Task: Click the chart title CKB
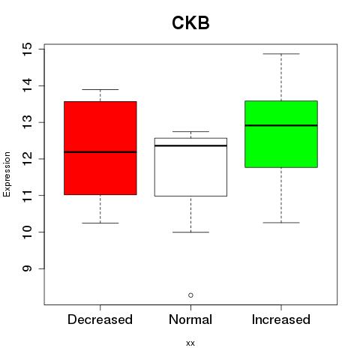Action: [190, 23]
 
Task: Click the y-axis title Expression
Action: [7, 174]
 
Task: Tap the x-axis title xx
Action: [190, 343]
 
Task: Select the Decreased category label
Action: [100, 319]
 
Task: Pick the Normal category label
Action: [190, 319]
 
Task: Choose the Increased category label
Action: [281, 319]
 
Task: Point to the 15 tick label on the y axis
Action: [27, 49]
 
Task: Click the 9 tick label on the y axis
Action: [27, 268]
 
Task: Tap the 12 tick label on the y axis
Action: [27, 159]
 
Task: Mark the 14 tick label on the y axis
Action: [27, 85]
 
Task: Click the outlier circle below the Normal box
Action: [190, 295]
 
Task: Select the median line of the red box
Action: [100, 151]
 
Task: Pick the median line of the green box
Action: [281, 125]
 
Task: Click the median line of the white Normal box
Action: [190, 145]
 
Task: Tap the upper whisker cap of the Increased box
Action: [281, 54]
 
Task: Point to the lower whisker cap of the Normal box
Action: [190, 232]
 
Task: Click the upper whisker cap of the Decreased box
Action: [100, 89]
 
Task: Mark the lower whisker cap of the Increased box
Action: [281, 223]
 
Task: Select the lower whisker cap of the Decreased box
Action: [100, 223]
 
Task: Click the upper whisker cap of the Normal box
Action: [190, 131]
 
